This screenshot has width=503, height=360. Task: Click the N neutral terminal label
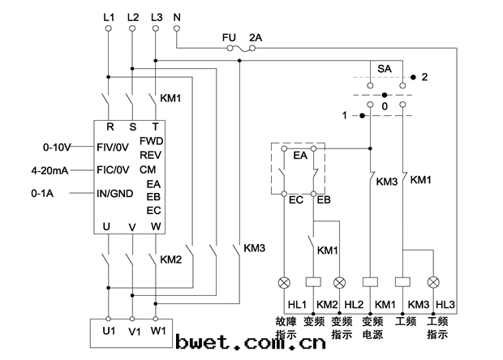(x=178, y=15)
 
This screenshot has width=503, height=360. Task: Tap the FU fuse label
(x=229, y=37)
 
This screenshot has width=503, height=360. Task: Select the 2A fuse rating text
(x=256, y=37)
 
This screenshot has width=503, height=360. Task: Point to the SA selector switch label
(x=385, y=71)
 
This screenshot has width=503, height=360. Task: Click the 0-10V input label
(x=57, y=148)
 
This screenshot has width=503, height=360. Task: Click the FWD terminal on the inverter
(x=152, y=141)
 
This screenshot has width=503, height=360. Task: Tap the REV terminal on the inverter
(x=151, y=155)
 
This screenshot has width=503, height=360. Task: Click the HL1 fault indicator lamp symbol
(x=284, y=282)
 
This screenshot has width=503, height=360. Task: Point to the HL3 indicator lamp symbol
(x=433, y=282)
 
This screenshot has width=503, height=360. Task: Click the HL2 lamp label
(x=353, y=304)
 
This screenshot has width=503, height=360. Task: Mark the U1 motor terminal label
(x=108, y=332)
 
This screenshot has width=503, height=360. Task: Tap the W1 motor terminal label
(x=158, y=332)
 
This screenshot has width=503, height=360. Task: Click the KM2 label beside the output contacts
(x=170, y=260)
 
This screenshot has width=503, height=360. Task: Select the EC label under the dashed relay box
(x=296, y=199)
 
